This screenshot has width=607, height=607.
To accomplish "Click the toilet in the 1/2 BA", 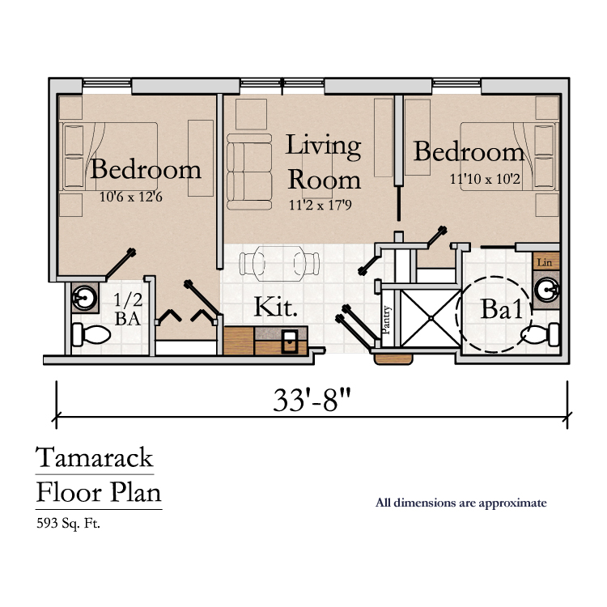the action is click(x=91, y=335).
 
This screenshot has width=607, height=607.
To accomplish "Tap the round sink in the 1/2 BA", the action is click(x=84, y=298).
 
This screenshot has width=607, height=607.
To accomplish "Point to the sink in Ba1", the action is click(x=546, y=290).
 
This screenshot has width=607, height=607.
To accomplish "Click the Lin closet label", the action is click(x=545, y=262).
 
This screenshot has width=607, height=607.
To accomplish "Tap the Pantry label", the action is click(x=386, y=320).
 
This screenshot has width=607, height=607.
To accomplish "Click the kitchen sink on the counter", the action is click(x=289, y=341).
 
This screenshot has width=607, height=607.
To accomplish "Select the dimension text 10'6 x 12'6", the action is click(x=131, y=197).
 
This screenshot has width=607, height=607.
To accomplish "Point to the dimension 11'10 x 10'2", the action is click(x=485, y=179).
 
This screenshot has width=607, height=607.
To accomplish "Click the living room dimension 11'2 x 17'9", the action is click(x=320, y=205).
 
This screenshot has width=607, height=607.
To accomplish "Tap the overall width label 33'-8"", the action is click(x=312, y=400).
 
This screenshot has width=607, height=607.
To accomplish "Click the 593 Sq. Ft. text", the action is click(x=68, y=524).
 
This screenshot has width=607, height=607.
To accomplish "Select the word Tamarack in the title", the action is click(x=95, y=457).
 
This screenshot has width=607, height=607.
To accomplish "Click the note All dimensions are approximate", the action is click(x=461, y=503).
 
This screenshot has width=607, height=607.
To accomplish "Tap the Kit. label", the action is click(x=276, y=307).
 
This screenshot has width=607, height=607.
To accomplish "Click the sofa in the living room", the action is click(x=249, y=172).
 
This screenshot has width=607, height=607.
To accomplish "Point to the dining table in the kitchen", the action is click(x=279, y=264).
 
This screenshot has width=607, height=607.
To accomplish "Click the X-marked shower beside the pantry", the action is click(x=431, y=318).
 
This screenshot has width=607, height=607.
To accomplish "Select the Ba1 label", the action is click(x=502, y=309).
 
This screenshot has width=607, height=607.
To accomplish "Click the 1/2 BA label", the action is click(x=128, y=309).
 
